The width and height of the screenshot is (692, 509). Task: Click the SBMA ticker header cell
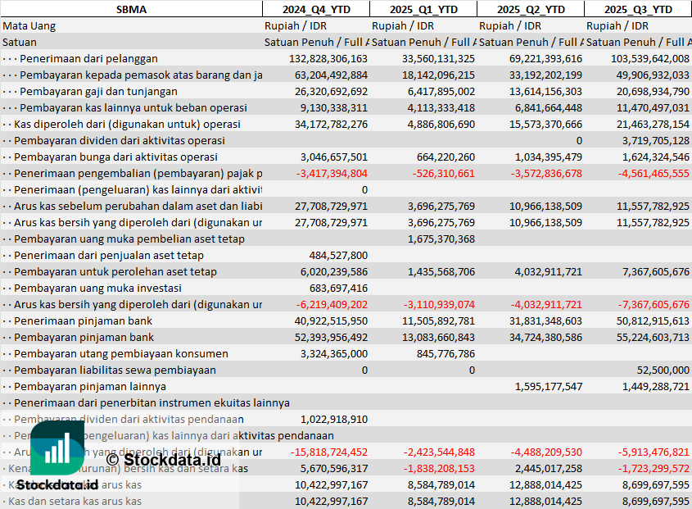[x=131, y=9]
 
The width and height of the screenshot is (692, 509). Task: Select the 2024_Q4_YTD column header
[x=315, y=9]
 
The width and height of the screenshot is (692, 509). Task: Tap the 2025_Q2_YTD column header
[x=530, y=9]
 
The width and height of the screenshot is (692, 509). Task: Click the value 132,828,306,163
[x=328, y=58]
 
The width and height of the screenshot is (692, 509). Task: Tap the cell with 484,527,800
[x=338, y=255]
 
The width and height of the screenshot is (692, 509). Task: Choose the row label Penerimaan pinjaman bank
[x=84, y=320]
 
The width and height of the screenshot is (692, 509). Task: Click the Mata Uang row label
[x=29, y=25]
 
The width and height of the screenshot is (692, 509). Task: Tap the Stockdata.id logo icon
[x=57, y=449]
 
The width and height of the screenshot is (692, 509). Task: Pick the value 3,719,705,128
[x=650, y=140]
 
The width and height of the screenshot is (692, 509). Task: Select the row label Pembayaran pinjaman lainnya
[x=90, y=386]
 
